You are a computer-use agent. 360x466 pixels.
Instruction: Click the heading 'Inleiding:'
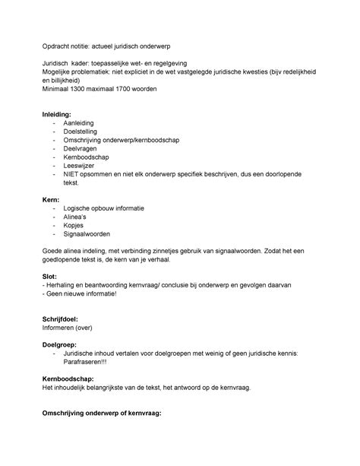pos(60,113)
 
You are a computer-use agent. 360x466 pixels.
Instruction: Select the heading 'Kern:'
pos(52,198)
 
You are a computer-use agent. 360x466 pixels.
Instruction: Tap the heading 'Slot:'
pos(51,277)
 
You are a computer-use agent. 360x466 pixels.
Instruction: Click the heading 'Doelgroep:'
pos(61,344)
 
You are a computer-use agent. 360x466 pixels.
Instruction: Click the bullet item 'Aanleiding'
pos(81,122)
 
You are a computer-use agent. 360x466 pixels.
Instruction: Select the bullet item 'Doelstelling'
pos(83,132)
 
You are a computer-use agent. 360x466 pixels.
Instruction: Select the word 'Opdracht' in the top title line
pos(58,46)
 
